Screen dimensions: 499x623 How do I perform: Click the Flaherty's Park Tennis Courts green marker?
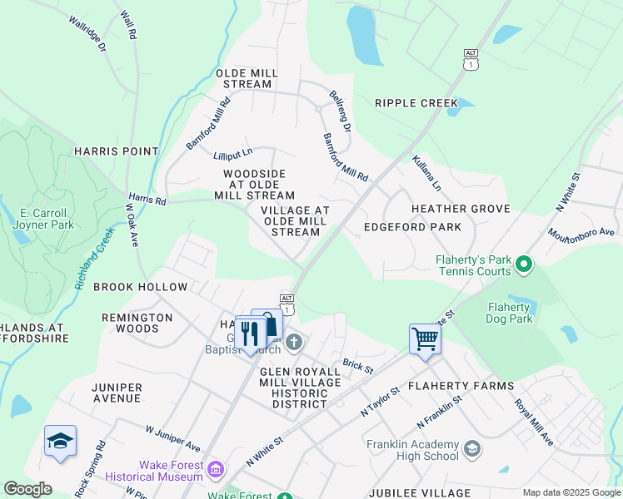click(x=524, y=266)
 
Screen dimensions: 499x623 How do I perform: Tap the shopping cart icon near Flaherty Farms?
click(x=425, y=338)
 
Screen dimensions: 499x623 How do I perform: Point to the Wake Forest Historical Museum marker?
click(x=217, y=471)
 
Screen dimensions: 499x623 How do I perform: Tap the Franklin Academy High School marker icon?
click(x=472, y=449)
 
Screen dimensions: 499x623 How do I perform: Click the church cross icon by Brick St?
click(x=293, y=341)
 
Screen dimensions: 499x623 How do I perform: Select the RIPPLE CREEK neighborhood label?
click(x=416, y=103)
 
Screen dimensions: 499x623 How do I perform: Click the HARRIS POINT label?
click(x=116, y=151)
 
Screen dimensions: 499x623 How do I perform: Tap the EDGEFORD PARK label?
click(x=412, y=227)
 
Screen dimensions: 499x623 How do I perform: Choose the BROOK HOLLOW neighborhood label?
click(x=141, y=287)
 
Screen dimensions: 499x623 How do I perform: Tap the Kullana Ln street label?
click(x=426, y=172)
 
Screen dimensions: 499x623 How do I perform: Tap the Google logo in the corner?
click(x=28, y=489)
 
